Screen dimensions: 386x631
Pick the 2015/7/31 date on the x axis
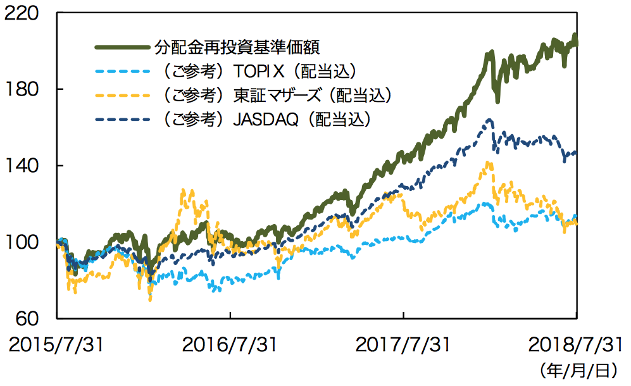point(56,345)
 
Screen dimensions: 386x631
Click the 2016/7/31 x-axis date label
point(230,345)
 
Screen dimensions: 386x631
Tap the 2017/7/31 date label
point(403,345)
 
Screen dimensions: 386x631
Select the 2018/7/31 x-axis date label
point(575,345)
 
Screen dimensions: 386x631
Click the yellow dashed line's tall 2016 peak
point(184,189)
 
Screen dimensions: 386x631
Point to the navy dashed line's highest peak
point(489,120)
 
